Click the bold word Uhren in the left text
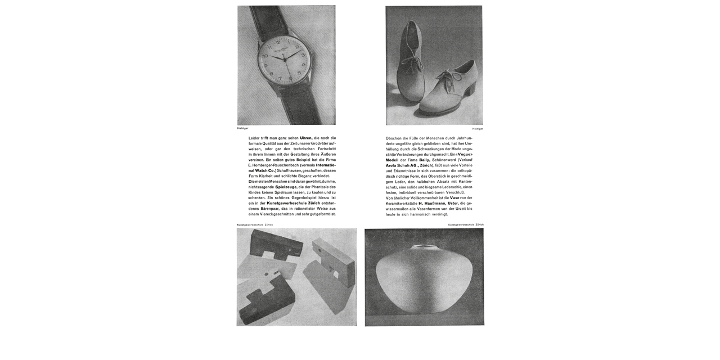(x=306, y=138)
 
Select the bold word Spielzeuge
(x=286, y=187)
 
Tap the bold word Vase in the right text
(x=454, y=197)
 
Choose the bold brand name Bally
(x=424, y=160)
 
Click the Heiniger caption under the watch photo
(x=242, y=128)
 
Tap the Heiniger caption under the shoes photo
(x=478, y=129)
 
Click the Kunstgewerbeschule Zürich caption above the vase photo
(x=466, y=224)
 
